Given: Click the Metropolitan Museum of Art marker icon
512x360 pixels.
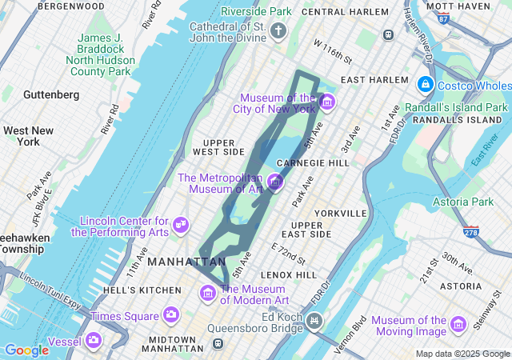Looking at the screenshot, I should (x=275, y=182).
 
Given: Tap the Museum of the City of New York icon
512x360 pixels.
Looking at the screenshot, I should (x=326, y=102).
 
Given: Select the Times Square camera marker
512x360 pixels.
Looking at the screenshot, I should (x=170, y=314).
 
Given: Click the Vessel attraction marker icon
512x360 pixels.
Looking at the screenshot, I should (x=94, y=341).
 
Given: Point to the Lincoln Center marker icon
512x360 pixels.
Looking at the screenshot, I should (x=181, y=223).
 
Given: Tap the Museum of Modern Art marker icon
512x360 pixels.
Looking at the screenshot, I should (x=208, y=293).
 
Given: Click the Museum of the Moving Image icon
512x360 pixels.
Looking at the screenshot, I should (x=458, y=324).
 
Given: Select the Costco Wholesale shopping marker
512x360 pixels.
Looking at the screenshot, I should (x=424, y=84).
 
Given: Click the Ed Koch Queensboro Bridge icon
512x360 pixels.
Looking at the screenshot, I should (x=314, y=321).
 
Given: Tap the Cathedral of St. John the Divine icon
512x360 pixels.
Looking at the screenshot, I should (x=278, y=31).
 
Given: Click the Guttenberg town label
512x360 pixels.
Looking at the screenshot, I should (x=51, y=94).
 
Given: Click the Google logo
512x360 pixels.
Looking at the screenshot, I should (x=26, y=350).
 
